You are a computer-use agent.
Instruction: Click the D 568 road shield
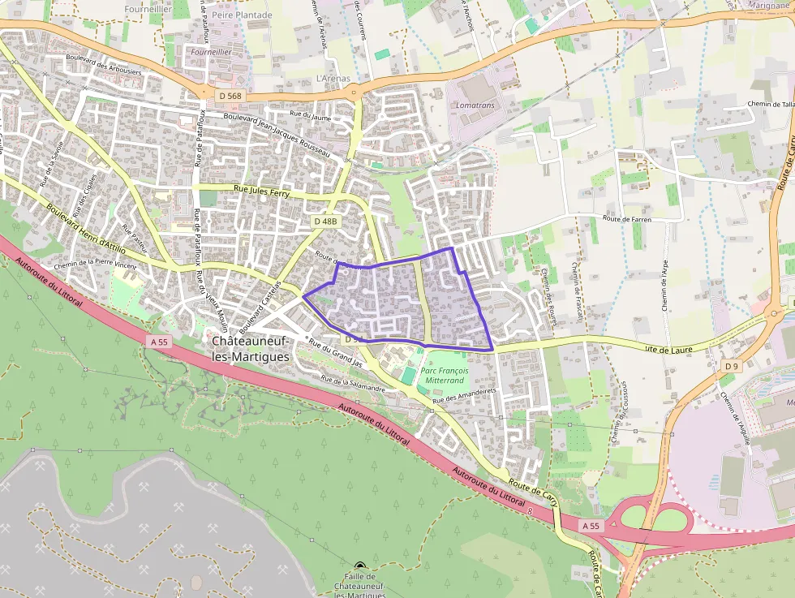click(x=230, y=96)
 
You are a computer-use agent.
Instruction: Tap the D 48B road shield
click(x=324, y=221)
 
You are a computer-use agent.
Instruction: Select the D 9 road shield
click(x=731, y=367)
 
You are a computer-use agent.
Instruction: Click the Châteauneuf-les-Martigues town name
click(x=249, y=349)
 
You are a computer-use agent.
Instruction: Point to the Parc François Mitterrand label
click(x=445, y=375)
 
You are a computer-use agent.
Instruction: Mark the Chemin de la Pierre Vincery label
click(x=94, y=265)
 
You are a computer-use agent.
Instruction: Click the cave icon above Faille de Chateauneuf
click(x=360, y=566)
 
